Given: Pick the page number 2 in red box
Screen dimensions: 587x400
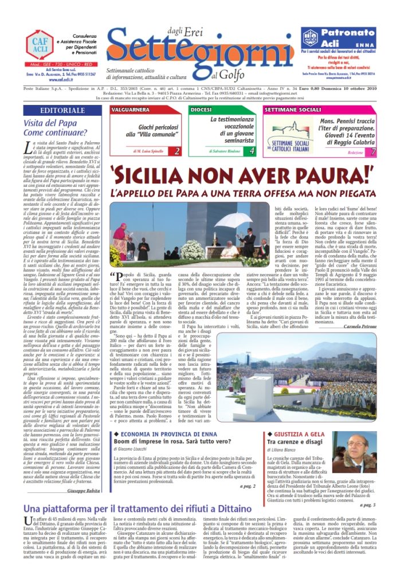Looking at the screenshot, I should pyautogui.click(x=177, y=151).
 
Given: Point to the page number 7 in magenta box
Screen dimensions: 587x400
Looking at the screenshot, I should pyautogui.click(x=373, y=152).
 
